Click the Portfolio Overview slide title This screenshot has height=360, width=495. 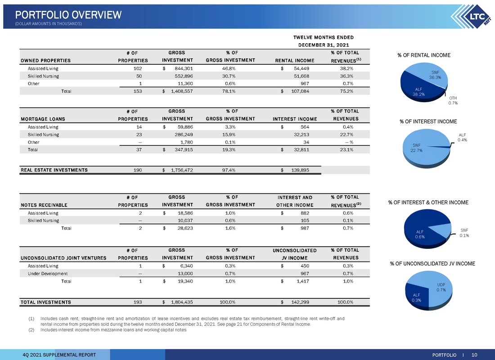pos(68,15)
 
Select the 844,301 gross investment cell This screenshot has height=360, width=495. pos(184,68)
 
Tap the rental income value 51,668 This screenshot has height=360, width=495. pos(301,76)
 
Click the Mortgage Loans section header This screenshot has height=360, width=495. pos(43,119)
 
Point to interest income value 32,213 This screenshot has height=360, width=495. pos(301,135)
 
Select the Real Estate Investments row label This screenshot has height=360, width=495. pos(54,170)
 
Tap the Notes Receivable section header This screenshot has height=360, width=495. pos(44,205)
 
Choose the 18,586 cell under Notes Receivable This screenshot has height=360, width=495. pos(185,213)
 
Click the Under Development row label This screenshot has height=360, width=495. pos(48,274)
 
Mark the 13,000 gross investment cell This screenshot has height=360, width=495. pos(185,274)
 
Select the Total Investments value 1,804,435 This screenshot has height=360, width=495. pos(182,302)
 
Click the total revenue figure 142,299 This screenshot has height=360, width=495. pos(300,302)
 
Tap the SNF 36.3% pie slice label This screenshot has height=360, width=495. pos(435,75)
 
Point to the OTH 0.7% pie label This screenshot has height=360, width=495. pos(453,100)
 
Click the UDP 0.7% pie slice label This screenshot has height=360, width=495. pos(441,287)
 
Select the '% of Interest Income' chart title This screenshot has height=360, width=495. pos(428,121)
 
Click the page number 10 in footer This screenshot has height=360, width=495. pos(474,355)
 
